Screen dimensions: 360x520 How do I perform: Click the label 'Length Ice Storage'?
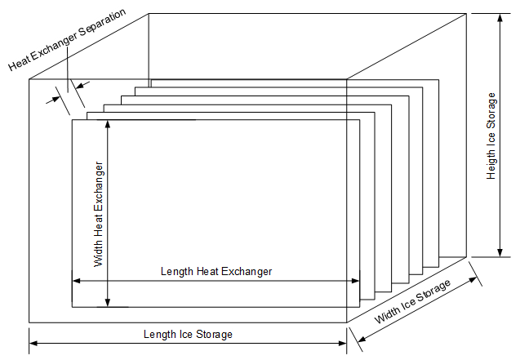(188, 334)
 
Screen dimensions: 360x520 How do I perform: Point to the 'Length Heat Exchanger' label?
(216, 271)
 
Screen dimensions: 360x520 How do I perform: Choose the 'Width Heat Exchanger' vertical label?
(99, 215)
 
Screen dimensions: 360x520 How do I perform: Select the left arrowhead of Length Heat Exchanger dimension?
(77, 280)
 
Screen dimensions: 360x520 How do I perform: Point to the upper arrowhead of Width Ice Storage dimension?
(474, 278)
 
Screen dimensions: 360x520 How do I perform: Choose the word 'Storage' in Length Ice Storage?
(215, 334)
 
